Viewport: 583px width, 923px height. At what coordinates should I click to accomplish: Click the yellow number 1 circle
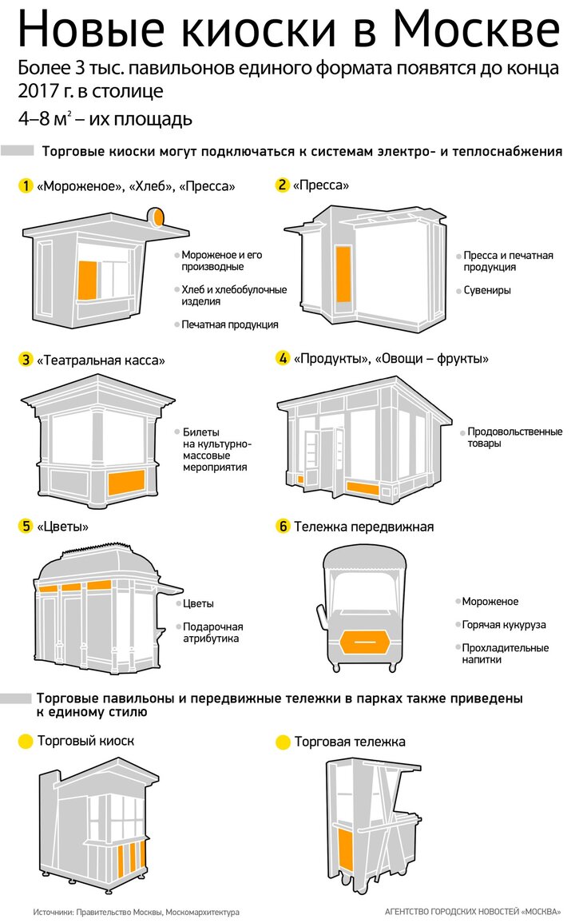pos(26,186)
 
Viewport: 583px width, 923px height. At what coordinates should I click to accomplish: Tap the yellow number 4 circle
pos(283,358)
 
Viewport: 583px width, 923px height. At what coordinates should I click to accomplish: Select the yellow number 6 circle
pos(283,527)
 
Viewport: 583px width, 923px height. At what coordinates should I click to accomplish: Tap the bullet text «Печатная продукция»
pos(230,324)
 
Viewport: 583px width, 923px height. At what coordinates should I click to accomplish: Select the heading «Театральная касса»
pos(101,360)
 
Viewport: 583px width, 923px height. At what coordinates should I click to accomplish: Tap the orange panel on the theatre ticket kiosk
pos(126,482)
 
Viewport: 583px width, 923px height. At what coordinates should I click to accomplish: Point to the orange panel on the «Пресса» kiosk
pos(343,274)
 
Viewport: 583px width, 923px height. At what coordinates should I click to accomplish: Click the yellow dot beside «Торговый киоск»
pos(26,742)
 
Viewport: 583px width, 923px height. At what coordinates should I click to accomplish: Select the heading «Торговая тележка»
pos(350,742)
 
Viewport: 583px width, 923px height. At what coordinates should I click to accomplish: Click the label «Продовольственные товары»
pos(515,437)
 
